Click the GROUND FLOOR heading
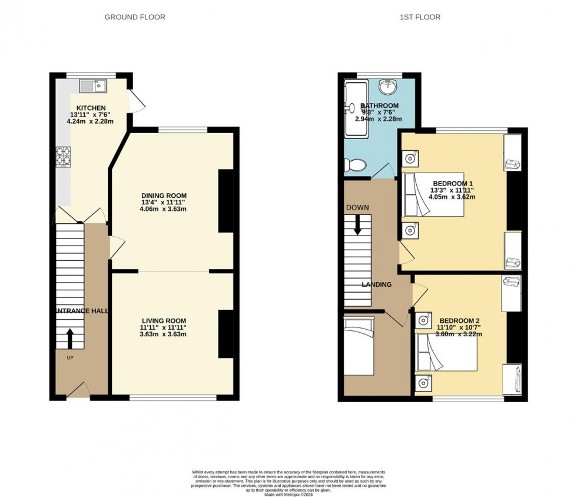click(135, 17)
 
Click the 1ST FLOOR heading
click(420, 17)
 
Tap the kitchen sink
click(92, 87)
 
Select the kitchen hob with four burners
click(63, 157)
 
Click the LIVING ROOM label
click(163, 320)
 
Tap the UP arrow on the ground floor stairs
click(70, 339)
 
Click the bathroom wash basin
click(387, 88)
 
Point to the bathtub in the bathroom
click(356, 109)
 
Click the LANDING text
click(377, 284)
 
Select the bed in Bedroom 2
click(446, 352)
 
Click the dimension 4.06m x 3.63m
click(163, 210)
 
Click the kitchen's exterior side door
click(137, 100)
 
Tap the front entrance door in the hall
click(78, 390)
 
